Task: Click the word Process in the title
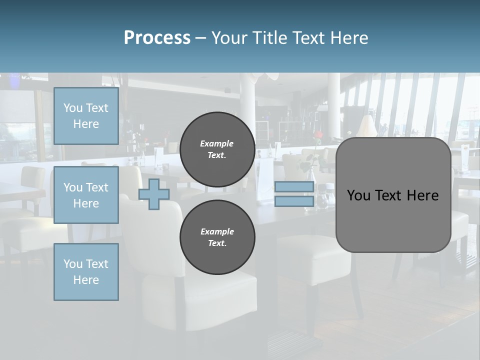157,38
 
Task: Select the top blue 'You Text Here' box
86,116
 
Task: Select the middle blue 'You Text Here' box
86,195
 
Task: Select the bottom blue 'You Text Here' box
86,272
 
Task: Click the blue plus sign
154,194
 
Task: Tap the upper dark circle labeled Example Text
217,149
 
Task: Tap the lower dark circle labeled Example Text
217,237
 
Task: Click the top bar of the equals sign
294,187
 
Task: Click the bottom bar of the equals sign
294,201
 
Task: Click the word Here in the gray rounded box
422,195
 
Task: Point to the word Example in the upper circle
216,143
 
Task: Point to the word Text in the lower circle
216,243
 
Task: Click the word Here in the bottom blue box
86,280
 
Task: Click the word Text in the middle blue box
96,187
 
